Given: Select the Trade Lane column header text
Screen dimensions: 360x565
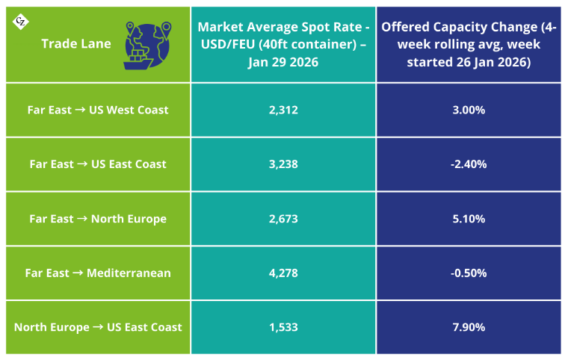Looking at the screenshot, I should (76, 43).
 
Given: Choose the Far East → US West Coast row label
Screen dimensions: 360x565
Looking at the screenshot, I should (98, 110).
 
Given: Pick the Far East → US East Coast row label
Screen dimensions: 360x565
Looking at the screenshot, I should (98, 164).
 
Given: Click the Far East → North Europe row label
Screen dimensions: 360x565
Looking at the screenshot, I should (98, 219).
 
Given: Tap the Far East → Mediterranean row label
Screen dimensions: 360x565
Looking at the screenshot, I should (98, 273).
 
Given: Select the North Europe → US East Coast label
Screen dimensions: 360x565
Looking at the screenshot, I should (98, 327).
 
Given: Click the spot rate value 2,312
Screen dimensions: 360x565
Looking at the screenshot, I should (283, 110).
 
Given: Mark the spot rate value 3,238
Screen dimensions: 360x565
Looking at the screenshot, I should (283, 164).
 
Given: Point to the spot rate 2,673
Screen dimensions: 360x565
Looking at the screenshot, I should (283, 219).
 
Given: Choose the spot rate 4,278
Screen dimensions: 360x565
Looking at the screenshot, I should (283, 273).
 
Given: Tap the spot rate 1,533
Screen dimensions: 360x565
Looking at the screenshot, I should (283, 327).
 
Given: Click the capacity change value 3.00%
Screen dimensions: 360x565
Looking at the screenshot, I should (469, 110).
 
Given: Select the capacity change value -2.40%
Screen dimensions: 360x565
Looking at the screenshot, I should (469, 164).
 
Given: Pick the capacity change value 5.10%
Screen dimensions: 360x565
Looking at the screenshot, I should (469, 219).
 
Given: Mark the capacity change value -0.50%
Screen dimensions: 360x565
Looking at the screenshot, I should (469, 273).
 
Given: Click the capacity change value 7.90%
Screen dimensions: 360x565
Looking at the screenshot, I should (469, 327).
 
